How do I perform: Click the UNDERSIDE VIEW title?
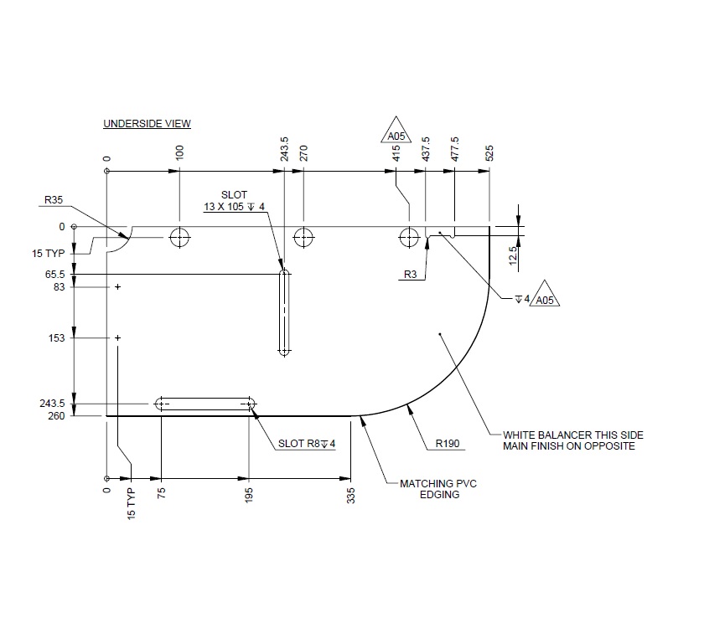[x=147, y=124]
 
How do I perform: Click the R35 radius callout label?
[x=56, y=201]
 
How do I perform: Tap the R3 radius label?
[x=411, y=274]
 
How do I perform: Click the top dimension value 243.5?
[x=285, y=150]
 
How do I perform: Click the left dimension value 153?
[x=58, y=338]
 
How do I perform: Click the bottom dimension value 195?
[x=250, y=494]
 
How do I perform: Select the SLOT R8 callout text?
[x=307, y=444]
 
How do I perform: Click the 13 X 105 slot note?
[x=234, y=207]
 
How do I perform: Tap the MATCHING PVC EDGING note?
[x=431, y=489]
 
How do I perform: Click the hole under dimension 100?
[x=179, y=238]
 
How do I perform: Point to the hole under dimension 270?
[x=303, y=238]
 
